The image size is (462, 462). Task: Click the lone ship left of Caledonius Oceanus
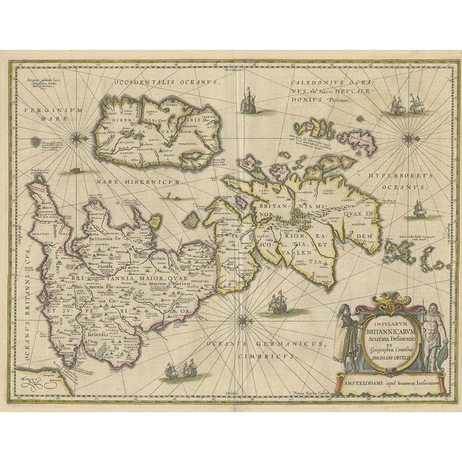pyautogui.click(x=248, y=97)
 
